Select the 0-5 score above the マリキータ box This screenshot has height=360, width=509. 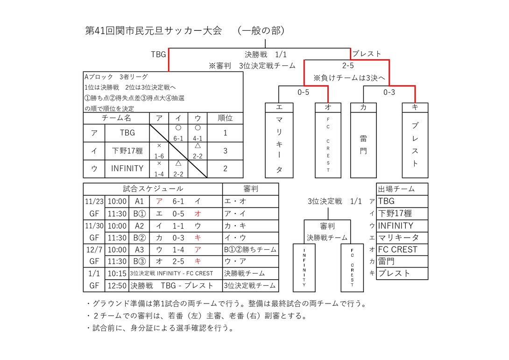(x=304, y=92)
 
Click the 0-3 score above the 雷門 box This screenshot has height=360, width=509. (x=389, y=92)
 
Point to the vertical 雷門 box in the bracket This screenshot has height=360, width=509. (x=363, y=145)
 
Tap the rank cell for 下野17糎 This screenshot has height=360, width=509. (x=225, y=151)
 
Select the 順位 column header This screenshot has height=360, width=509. (x=225, y=118)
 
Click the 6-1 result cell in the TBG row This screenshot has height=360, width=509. (x=178, y=133)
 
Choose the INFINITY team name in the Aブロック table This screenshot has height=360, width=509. (x=127, y=169)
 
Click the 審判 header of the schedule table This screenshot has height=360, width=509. (x=250, y=189)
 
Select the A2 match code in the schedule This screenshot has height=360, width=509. (x=139, y=226)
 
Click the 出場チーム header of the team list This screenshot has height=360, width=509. (x=396, y=189)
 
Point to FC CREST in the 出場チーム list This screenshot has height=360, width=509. (x=398, y=249)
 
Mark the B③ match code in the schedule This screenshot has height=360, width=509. (x=139, y=261)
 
